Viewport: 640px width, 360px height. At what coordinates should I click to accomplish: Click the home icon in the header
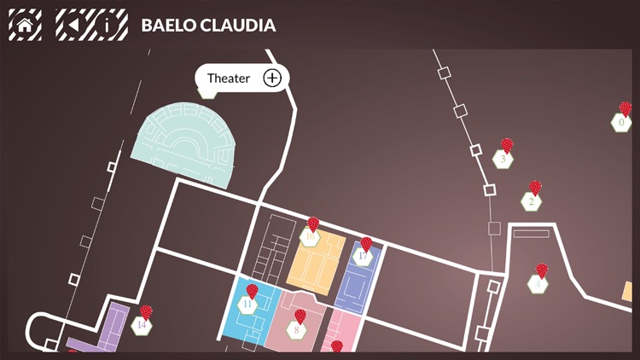click(25, 25)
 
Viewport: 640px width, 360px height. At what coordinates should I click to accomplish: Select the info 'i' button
click(108, 25)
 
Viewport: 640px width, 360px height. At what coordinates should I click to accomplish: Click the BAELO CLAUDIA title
click(208, 26)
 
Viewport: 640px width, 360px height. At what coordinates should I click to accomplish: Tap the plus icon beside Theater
click(271, 78)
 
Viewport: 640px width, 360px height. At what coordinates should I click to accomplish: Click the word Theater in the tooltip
click(229, 78)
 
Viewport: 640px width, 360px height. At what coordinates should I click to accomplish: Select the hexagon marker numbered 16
click(311, 237)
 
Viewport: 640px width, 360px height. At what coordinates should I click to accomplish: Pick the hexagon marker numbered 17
click(364, 257)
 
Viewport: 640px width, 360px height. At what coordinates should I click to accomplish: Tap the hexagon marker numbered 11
click(248, 304)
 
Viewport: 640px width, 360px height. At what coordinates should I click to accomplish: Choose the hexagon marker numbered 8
click(297, 328)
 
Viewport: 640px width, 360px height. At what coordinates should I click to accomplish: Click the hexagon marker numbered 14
click(143, 324)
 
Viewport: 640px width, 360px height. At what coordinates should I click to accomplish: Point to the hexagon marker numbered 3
click(503, 159)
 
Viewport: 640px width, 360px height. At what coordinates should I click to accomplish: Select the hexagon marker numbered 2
click(532, 201)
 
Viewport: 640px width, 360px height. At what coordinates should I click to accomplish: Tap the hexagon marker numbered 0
click(621, 123)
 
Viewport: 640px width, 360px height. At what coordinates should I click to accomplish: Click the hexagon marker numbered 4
click(538, 284)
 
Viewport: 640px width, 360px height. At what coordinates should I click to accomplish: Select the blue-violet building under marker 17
click(356, 286)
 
